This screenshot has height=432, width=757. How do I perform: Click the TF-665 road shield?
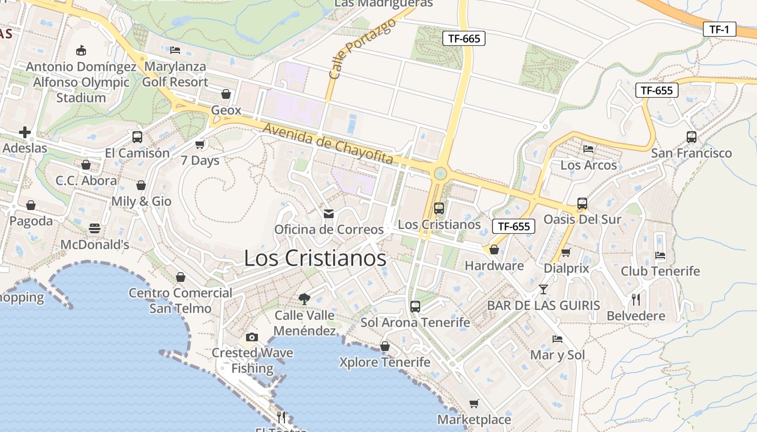pos(464,38)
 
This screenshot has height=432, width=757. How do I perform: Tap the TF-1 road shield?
pos(720,29)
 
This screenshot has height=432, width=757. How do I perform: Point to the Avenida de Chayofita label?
pos(328,143)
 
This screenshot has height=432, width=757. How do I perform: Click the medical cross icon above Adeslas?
pos(24,132)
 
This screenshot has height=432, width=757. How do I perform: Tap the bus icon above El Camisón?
pos(137,137)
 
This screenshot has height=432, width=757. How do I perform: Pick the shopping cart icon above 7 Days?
pos(200,144)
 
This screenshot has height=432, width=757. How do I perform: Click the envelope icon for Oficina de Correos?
pos(329,214)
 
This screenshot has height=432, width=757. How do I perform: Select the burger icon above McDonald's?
pos(95,228)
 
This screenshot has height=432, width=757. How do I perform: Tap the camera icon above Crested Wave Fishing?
pos(252,337)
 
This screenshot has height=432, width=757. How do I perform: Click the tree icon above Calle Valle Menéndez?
pos(304,298)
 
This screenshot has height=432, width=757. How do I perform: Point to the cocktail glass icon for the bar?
pos(543,289)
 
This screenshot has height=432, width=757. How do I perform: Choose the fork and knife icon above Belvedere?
pos(636,299)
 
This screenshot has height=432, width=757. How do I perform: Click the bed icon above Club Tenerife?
pos(660,255)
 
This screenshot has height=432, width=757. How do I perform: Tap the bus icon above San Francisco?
pos(692,137)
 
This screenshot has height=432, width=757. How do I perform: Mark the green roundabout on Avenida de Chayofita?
pos(441,173)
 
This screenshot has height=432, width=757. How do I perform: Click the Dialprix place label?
pos(566,268)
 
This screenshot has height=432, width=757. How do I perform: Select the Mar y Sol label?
pos(557,355)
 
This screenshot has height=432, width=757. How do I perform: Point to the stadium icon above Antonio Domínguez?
pos(81,51)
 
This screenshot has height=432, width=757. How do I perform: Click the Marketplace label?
pos(474,420)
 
